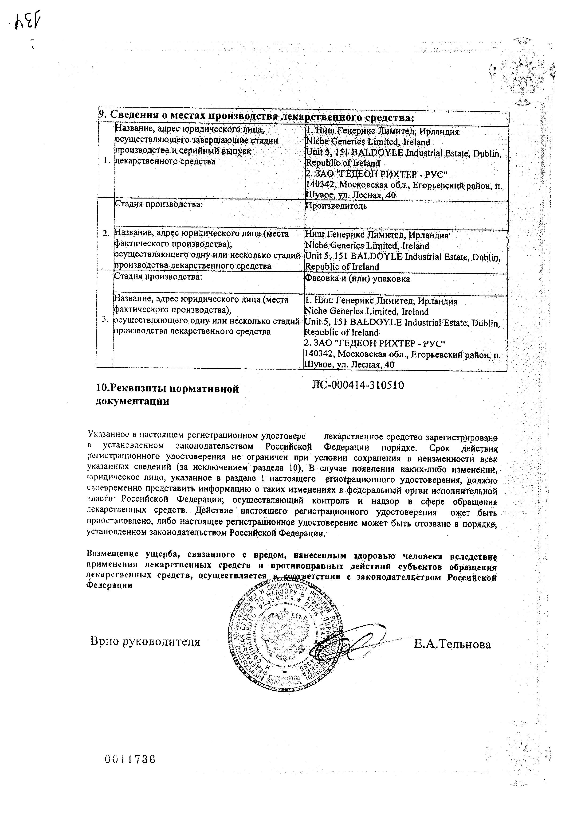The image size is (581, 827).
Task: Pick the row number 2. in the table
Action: tap(106, 233)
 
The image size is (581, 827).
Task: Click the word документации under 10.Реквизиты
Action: tap(132, 401)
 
